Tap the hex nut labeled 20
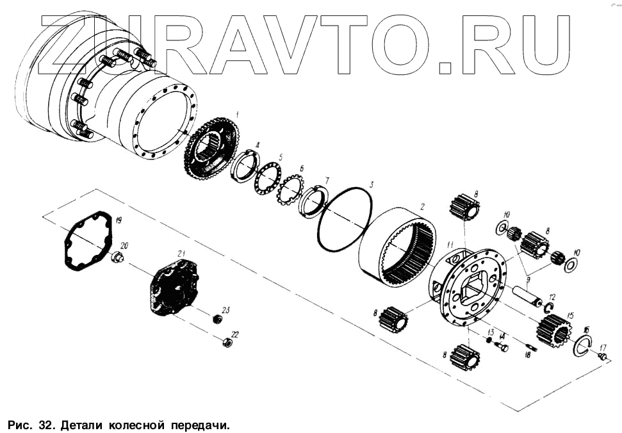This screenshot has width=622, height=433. click(117, 258)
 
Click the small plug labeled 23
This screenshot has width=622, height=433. click(217, 318)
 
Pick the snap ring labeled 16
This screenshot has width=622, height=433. click(581, 345)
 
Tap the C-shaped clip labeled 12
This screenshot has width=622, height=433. click(548, 307)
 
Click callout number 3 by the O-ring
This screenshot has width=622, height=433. click(371, 185)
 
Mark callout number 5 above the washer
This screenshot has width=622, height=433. click(279, 157)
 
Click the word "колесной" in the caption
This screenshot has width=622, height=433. click(135, 425)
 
